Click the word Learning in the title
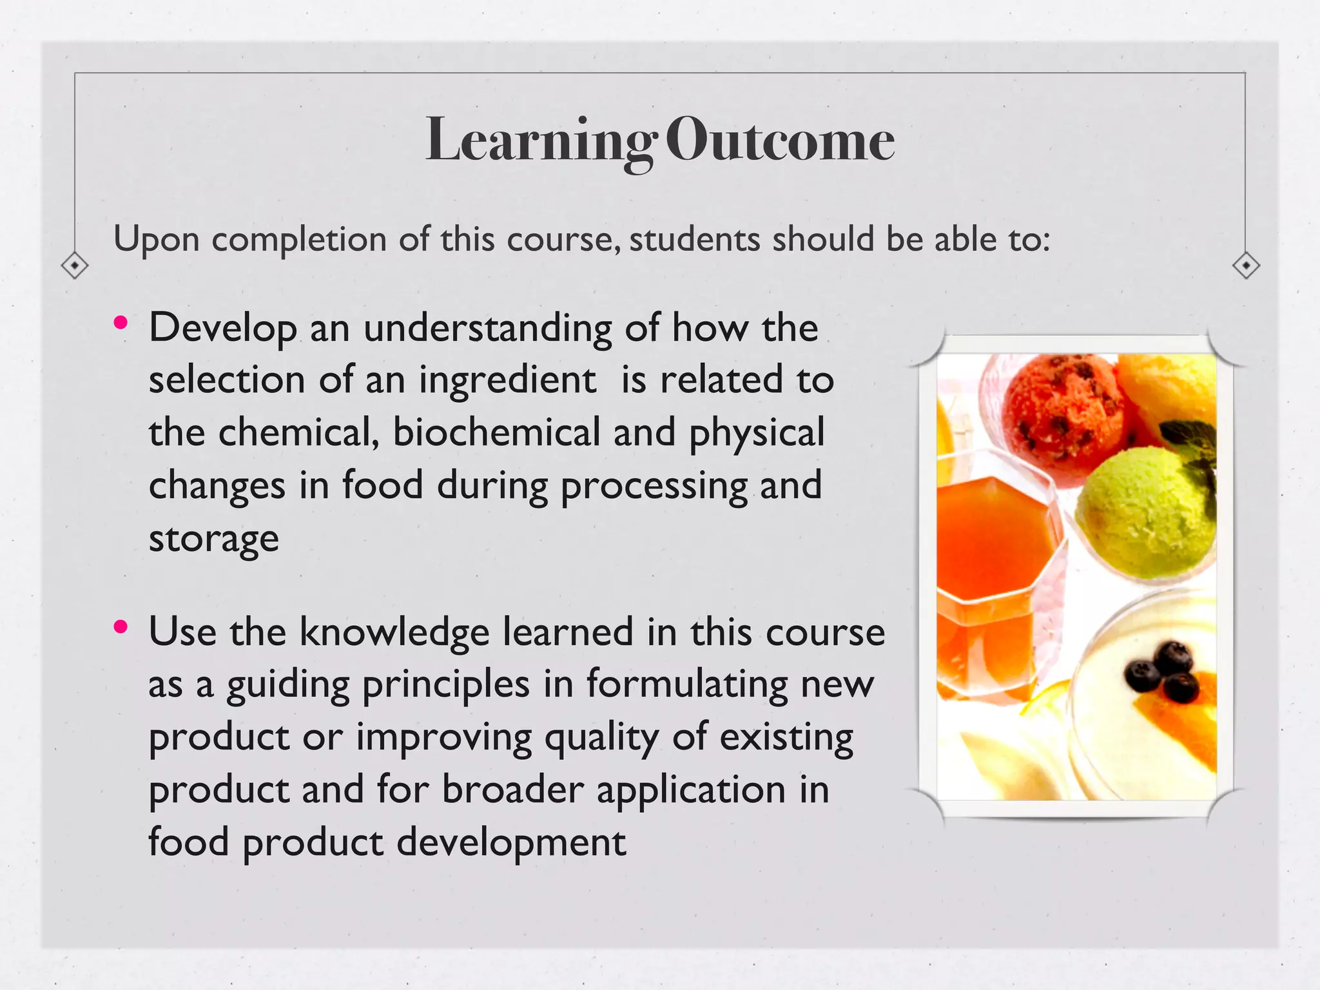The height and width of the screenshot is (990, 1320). click(540, 141)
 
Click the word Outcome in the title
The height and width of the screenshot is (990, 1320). click(780, 141)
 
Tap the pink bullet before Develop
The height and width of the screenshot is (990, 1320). click(121, 323)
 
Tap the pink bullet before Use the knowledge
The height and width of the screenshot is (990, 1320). click(121, 626)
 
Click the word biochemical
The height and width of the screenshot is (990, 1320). click(496, 432)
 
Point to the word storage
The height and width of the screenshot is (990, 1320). click(213, 539)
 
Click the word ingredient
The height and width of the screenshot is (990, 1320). click(507, 380)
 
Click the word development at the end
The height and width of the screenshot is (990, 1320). click(510, 842)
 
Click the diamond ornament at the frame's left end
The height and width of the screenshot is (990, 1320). click(75, 265)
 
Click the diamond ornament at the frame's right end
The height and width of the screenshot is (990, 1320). click(1245, 265)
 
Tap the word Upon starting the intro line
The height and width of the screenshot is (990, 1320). click(156, 240)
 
